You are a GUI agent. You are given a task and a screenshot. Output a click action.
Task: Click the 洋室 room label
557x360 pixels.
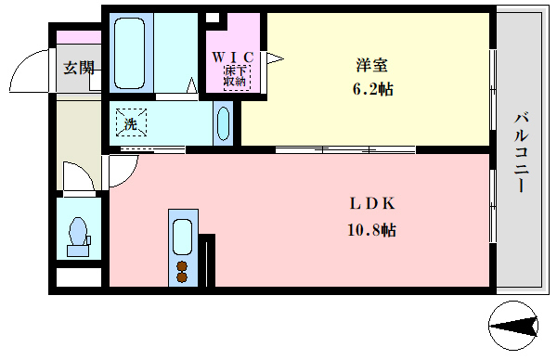click(371, 65)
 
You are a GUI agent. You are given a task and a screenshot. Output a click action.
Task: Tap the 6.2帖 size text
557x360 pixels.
click(371, 90)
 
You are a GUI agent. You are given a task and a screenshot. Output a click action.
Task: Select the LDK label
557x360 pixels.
click(373, 204)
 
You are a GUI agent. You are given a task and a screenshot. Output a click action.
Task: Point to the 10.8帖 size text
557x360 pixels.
click(372, 229)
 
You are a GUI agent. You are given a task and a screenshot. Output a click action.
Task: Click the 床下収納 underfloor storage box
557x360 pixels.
click(236, 76)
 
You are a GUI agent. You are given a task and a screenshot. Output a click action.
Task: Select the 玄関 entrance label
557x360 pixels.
click(78, 67)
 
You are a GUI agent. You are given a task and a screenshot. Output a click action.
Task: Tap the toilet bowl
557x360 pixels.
click(77, 231)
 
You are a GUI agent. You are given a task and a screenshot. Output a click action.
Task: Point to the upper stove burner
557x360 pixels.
click(182, 264)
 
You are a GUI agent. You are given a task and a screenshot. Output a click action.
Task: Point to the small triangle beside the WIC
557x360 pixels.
click(274, 58)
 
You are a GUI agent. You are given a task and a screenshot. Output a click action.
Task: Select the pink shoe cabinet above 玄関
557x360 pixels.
click(78, 37)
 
